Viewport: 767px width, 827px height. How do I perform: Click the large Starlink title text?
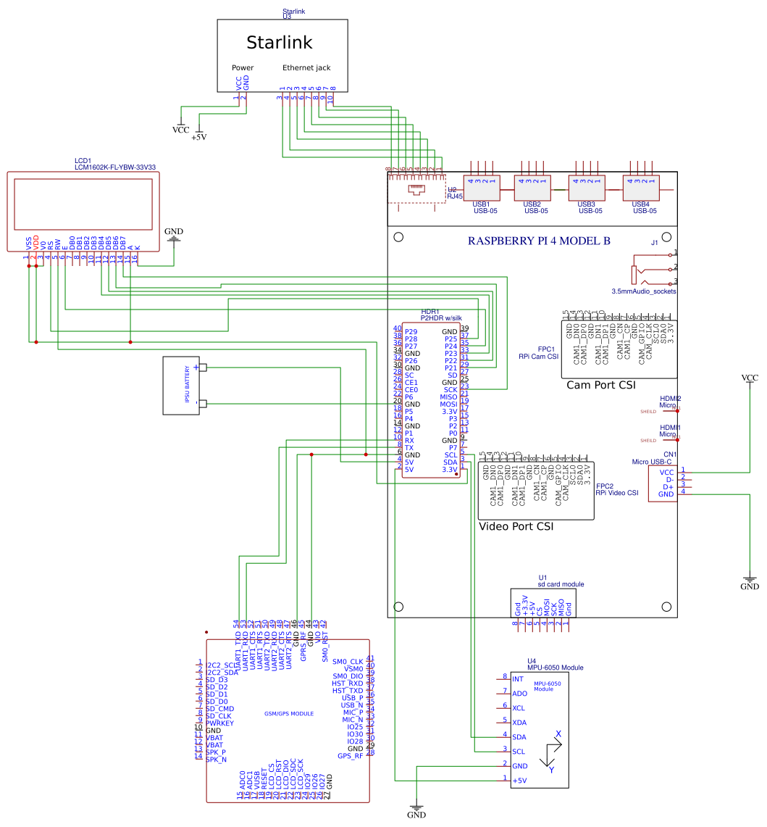279,42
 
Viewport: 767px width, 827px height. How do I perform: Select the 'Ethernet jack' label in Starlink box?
306,67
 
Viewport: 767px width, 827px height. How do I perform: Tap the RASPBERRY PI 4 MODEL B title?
538,241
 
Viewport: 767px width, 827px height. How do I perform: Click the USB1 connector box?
482,188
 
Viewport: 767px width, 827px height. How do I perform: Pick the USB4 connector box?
641,188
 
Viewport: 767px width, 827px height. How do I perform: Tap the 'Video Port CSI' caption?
516,526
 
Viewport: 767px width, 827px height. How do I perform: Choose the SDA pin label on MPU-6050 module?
519,736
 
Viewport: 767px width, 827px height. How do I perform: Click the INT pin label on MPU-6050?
517,679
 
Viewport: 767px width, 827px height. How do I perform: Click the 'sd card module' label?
561,583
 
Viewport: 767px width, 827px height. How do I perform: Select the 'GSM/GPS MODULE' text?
289,714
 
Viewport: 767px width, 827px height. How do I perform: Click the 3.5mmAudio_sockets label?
644,291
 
